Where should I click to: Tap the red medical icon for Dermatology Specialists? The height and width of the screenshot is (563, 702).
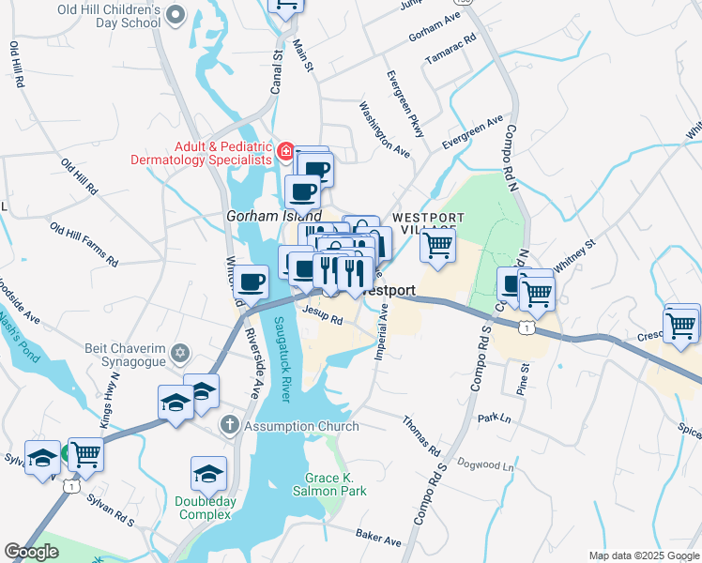click(x=284, y=151)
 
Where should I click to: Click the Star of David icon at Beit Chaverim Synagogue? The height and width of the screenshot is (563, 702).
click(x=181, y=355)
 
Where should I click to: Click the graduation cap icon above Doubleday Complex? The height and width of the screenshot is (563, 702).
click(x=208, y=473)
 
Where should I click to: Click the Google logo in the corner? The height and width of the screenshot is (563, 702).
click(x=31, y=552)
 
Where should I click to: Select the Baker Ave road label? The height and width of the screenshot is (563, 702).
click(x=378, y=538)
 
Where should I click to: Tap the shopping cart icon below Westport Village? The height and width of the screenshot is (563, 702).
click(x=437, y=246)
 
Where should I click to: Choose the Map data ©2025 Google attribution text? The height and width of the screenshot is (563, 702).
click(x=642, y=555)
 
